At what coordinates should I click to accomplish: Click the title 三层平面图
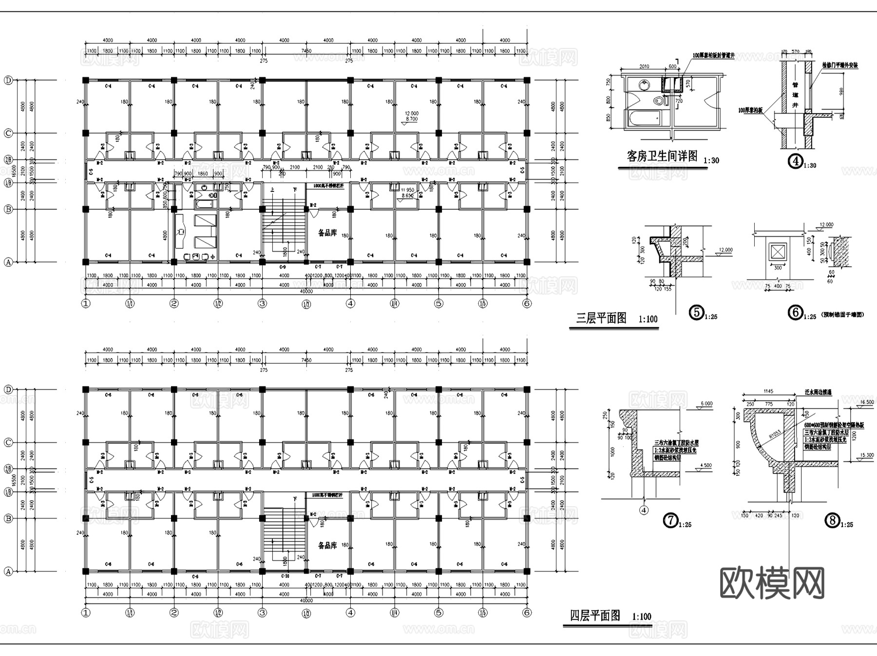pos(601,319)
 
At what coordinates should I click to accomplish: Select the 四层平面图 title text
pos(595,616)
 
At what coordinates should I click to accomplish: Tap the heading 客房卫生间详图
pos(662,156)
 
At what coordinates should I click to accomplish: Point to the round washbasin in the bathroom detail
pos(644,86)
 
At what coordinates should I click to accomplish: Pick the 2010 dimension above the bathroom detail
pos(644,67)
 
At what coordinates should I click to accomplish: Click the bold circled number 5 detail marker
pos(697,312)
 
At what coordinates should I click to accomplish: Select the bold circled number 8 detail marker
pos(832,521)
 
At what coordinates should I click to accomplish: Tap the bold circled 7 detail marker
pos(671,521)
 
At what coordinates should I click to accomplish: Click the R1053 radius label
pos(774,432)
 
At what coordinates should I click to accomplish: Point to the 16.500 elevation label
pos(867,402)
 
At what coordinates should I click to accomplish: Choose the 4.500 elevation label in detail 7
pos(705,465)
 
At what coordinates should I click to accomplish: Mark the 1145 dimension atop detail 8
pos(768,391)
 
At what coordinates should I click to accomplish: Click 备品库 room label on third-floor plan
pos(327,233)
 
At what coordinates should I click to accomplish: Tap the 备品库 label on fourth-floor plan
pos(327,545)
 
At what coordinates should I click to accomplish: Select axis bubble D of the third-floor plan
pos(8,80)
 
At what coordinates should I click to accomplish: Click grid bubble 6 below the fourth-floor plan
pos(527,613)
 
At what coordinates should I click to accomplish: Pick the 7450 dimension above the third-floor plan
pos(306,51)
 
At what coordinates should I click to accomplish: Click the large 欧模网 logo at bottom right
pos(772,582)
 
